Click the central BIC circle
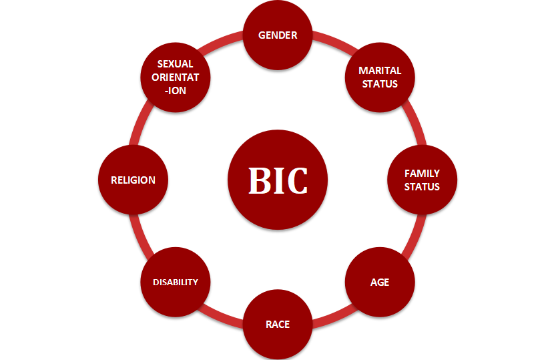click(278, 180)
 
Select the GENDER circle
click(278, 35)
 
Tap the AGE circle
click(380, 282)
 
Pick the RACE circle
click(278, 325)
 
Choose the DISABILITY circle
click(176, 282)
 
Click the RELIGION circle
click(133, 180)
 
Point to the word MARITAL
click(380, 70)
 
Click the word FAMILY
click(422, 174)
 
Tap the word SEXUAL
click(176, 64)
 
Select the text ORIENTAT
click(176, 77)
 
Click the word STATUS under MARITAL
click(380, 83)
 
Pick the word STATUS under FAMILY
click(422, 186)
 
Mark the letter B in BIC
click(259, 180)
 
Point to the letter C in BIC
click(298, 180)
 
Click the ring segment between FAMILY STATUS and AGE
click(412, 232)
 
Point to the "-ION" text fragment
click(176, 90)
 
